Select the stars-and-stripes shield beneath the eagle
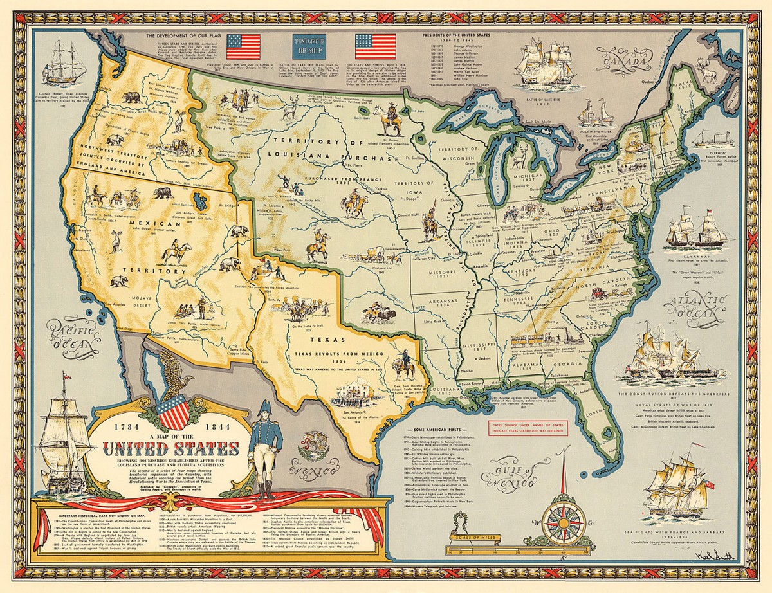[172, 412]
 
